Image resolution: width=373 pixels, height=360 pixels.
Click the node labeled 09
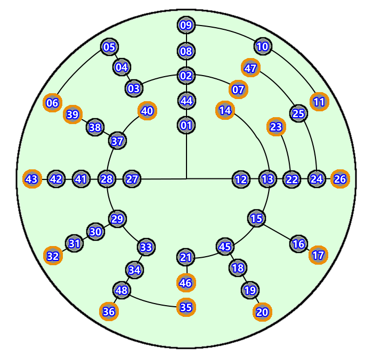tap(186, 25)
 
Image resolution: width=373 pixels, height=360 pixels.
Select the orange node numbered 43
tap(32, 179)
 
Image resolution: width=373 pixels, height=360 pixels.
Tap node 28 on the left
tap(107, 179)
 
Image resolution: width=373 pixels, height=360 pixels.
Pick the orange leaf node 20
tap(262, 312)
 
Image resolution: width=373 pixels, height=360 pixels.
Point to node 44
tap(186, 101)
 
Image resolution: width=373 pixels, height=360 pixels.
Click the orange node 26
tap(340, 179)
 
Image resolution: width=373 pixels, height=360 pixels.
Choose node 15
tap(257, 218)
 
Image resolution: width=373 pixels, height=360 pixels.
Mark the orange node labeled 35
tap(186, 307)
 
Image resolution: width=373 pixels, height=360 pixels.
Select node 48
tap(122, 290)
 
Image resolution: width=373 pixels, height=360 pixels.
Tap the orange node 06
tap(52, 103)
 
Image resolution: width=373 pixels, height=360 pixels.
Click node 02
tap(186, 76)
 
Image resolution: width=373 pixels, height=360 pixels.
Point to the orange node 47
tap(250, 68)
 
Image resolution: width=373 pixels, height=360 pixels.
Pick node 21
tap(186, 257)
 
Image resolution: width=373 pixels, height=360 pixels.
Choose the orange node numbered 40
tap(147, 111)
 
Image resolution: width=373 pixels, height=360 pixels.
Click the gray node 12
tap(241, 179)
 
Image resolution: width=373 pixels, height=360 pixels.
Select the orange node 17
tap(318, 255)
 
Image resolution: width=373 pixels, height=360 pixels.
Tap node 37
tap(117, 141)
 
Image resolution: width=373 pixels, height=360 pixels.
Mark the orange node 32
tap(53, 256)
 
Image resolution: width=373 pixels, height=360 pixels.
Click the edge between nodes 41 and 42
tap(68, 179)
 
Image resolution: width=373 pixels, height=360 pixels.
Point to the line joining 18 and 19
tap(244, 279)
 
